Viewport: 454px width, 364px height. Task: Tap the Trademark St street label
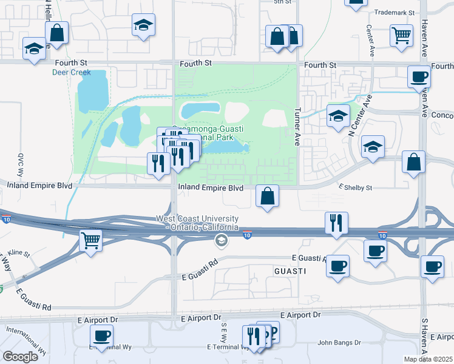pyautogui.click(x=394, y=12)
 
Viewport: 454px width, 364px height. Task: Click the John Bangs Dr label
pyautogui.click(x=339, y=343)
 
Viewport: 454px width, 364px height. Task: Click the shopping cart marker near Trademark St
pyautogui.click(x=401, y=35)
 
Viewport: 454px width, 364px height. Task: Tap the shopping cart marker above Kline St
pyautogui.click(x=90, y=241)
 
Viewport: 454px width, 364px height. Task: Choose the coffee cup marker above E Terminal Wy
pyautogui.click(x=101, y=335)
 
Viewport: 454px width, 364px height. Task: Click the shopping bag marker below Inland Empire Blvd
pyautogui.click(x=267, y=196)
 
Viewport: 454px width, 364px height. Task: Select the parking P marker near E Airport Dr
pyautogui.click(x=269, y=331)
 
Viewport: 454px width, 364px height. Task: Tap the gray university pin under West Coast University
pyautogui.click(x=221, y=241)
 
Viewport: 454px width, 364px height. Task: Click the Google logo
pyautogui.click(x=20, y=356)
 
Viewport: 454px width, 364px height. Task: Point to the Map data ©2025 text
pyautogui.click(x=428, y=359)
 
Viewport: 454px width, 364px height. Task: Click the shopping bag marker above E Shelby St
pyautogui.click(x=413, y=162)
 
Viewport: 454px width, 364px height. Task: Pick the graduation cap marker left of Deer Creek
pyautogui.click(x=33, y=49)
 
